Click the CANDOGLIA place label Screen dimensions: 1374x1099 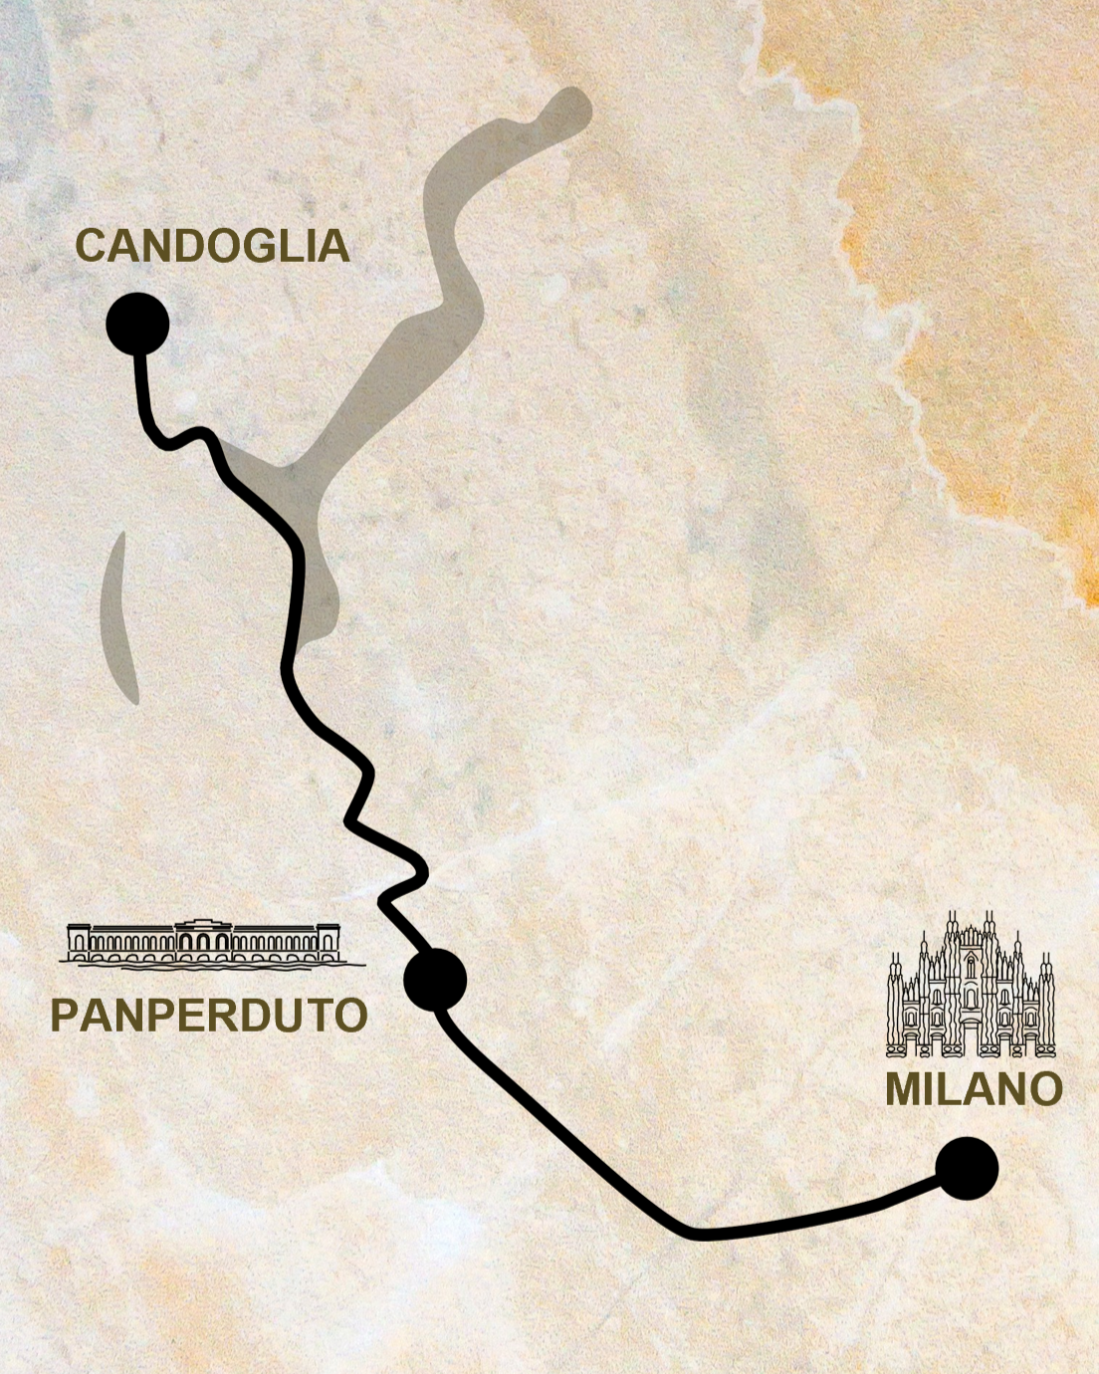point(212,246)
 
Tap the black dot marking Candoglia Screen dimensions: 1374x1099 point(137,324)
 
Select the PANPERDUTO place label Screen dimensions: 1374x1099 point(209,1016)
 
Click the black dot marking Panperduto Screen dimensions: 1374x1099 point(435,980)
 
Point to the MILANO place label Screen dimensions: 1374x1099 point(974,1089)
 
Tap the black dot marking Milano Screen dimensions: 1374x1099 point(967,1168)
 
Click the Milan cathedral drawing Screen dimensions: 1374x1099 point(971,986)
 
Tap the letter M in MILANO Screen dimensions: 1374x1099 point(903,1089)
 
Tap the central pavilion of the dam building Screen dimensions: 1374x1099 point(204,939)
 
